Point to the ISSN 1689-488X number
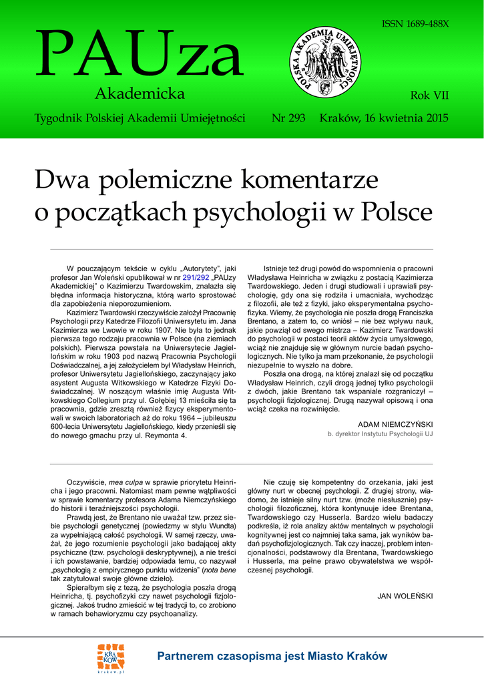pos(415,24)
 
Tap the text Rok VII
pos(429,96)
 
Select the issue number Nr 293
pos(288,118)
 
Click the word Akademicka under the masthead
pos(140,93)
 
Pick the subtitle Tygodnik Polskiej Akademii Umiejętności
pos(140,118)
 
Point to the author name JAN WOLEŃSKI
pos(405,595)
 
